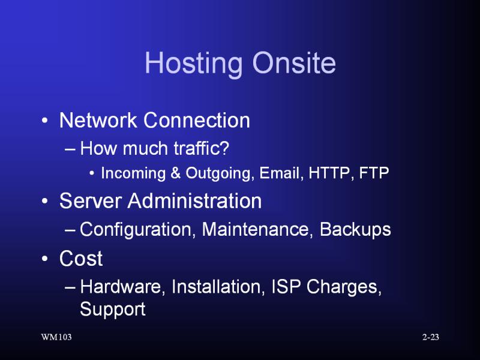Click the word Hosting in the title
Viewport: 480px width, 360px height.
(193, 64)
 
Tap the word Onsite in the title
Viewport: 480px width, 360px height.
(294, 62)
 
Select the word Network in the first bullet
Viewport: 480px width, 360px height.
(98, 120)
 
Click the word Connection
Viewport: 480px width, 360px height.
(197, 120)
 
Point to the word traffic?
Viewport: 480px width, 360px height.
(201, 148)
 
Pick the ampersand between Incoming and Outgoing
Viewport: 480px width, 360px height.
(175, 173)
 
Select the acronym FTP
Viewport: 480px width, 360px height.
(374, 173)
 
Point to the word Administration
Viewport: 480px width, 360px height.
(194, 201)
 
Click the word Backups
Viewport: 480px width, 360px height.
(355, 230)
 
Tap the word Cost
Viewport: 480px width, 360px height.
(81, 259)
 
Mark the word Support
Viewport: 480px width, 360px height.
(113, 310)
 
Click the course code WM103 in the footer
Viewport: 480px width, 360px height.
(56, 337)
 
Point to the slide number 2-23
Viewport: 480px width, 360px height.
(431, 337)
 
